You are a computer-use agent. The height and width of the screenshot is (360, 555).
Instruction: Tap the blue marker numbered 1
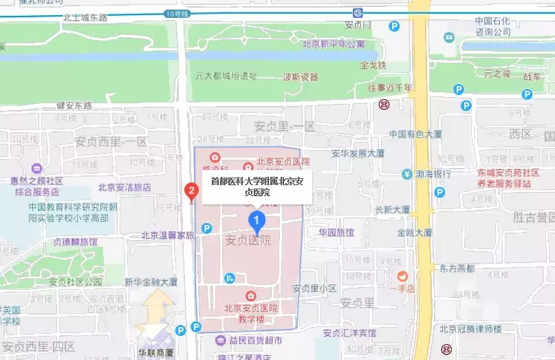point(257,222)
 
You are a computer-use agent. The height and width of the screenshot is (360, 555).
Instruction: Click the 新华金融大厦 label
point(151,282)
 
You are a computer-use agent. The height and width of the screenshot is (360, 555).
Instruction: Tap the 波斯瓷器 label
point(301,76)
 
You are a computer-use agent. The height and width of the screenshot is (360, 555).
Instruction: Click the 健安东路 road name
point(74,105)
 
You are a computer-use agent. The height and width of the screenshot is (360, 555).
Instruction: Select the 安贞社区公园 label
point(75,282)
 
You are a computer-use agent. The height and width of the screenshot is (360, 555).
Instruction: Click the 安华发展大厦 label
point(358,153)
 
